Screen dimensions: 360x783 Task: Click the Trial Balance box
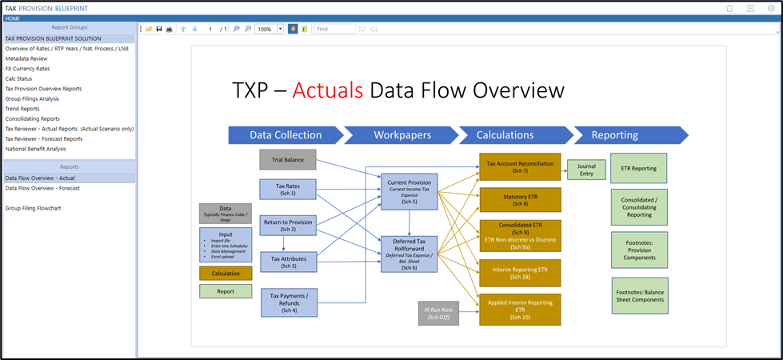(x=287, y=159)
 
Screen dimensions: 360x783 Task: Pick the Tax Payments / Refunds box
(x=289, y=302)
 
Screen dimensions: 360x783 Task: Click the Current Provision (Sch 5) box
(x=409, y=191)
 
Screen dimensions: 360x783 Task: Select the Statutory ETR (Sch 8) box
(x=520, y=200)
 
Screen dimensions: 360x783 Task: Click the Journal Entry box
(x=587, y=170)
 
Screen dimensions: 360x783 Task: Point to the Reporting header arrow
(x=626, y=135)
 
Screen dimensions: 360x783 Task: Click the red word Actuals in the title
(x=326, y=90)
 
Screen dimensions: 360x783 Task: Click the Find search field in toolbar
(x=334, y=29)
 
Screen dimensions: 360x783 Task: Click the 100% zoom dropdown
(x=270, y=29)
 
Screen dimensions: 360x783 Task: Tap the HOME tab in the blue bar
(x=13, y=18)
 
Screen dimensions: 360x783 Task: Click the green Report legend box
(x=226, y=291)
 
